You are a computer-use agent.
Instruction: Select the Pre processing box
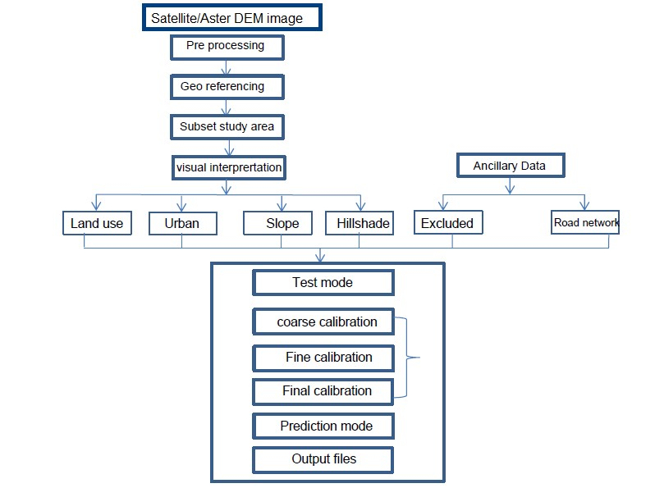click(227, 47)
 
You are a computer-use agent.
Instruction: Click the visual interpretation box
click(228, 167)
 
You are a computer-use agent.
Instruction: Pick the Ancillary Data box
click(509, 166)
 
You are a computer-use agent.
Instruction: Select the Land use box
click(97, 223)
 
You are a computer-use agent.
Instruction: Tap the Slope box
click(282, 223)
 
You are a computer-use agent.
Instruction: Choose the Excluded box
click(447, 223)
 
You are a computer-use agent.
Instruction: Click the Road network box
click(585, 222)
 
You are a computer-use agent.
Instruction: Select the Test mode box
click(323, 283)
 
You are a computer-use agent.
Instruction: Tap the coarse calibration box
click(325, 322)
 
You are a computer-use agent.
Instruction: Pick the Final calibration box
click(325, 391)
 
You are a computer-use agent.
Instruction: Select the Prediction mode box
click(325, 426)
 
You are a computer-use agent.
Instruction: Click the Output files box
click(323, 459)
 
